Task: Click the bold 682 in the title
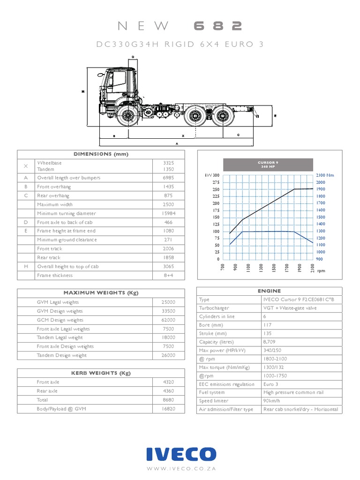[217, 26]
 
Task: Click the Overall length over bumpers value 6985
[168, 178]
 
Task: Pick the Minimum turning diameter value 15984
[168, 213]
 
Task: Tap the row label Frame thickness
[55, 275]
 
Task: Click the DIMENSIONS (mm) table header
[101, 154]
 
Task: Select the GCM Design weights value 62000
[168, 320]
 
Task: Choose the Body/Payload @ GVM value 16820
[168, 409]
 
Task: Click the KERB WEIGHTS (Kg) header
[101, 373]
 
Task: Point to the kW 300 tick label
[212, 175]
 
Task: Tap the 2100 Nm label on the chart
[324, 175]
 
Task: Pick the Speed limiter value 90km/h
[272, 401]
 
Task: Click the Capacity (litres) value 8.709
[270, 342]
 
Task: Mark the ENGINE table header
[269, 291]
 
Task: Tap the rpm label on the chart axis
[321, 270]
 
